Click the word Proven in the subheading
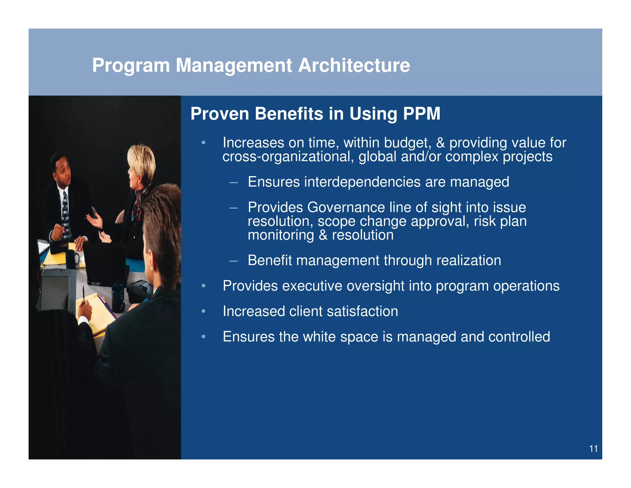point(220,114)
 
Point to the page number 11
point(593,449)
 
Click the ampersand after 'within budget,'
point(440,143)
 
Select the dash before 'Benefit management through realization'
point(234,261)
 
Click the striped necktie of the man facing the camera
point(65,213)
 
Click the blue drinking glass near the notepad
point(118,298)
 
